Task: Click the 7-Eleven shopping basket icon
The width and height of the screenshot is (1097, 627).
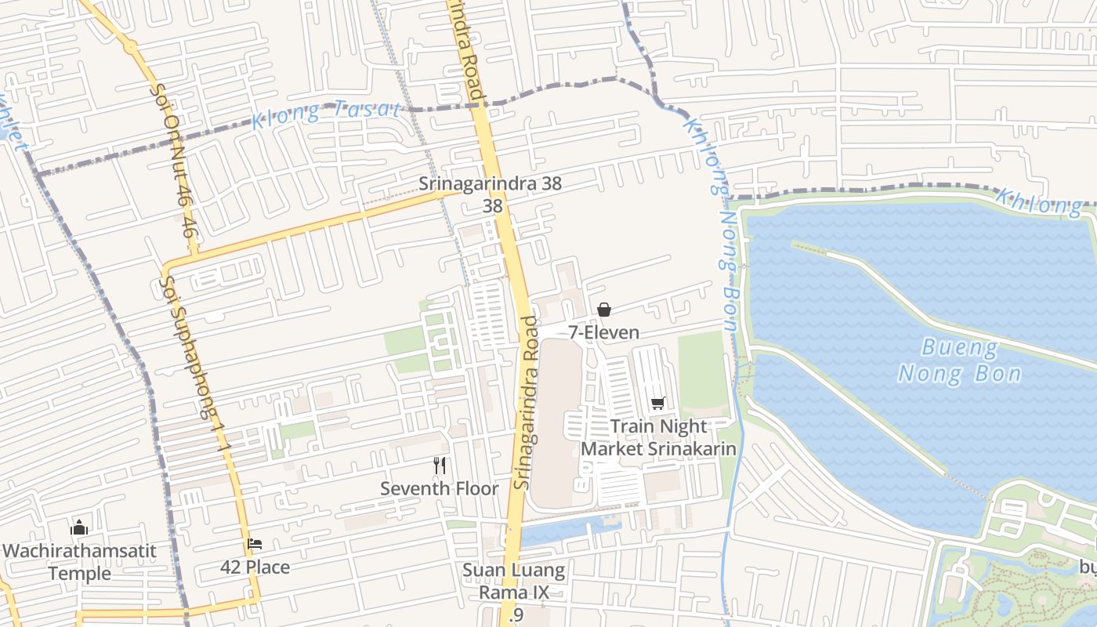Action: tap(604, 310)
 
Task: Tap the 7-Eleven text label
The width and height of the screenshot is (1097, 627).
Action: tap(603, 332)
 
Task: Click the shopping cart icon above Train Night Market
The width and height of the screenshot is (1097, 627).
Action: tap(658, 403)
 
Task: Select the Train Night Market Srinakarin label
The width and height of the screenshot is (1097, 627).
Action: tap(658, 437)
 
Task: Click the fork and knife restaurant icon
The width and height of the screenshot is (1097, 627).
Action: tap(440, 466)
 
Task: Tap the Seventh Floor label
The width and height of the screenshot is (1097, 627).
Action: tap(440, 488)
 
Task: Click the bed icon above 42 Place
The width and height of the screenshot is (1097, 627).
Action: tap(255, 544)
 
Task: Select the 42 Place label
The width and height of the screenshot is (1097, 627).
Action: tap(255, 567)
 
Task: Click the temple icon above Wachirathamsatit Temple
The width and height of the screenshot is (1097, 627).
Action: tap(79, 527)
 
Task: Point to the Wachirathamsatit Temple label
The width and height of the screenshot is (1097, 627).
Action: tap(79, 561)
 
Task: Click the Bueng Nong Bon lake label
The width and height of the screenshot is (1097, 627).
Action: tap(960, 360)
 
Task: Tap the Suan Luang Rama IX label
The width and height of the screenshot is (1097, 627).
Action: tap(513, 581)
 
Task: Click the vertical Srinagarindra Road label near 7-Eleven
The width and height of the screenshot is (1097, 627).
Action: tap(527, 403)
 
